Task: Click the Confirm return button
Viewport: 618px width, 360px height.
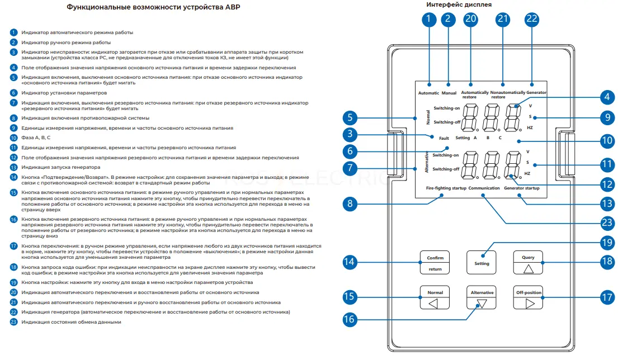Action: coord(435,262)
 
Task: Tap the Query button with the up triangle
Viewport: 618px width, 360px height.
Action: coord(528,262)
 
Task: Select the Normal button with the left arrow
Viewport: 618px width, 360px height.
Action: coord(435,297)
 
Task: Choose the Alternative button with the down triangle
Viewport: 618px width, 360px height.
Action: coord(482,297)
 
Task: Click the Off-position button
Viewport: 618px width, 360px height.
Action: coord(528,297)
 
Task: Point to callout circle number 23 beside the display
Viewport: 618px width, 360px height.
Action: coord(607,223)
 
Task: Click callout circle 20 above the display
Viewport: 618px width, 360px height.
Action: coord(470,20)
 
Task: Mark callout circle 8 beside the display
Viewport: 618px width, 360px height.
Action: coord(350,204)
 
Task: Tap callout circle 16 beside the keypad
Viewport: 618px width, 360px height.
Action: coord(349,319)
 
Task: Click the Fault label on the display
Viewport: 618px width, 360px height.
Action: coord(444,138)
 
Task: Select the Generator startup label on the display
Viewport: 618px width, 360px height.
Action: coord(521,188)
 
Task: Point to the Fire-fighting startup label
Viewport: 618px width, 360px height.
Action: coord(446,188)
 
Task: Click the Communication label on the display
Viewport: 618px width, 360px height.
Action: coord(484,188)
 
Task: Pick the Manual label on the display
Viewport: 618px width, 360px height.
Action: coord(449,93)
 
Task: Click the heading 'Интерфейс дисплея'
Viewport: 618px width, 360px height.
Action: coord(459,4)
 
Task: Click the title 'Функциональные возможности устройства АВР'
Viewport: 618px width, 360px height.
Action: coord(153,7)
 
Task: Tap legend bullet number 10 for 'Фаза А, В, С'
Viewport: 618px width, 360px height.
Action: coord(14,138)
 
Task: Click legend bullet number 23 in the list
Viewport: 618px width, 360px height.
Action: coord(14,322)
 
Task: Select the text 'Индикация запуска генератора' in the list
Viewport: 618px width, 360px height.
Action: coord(61,167)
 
